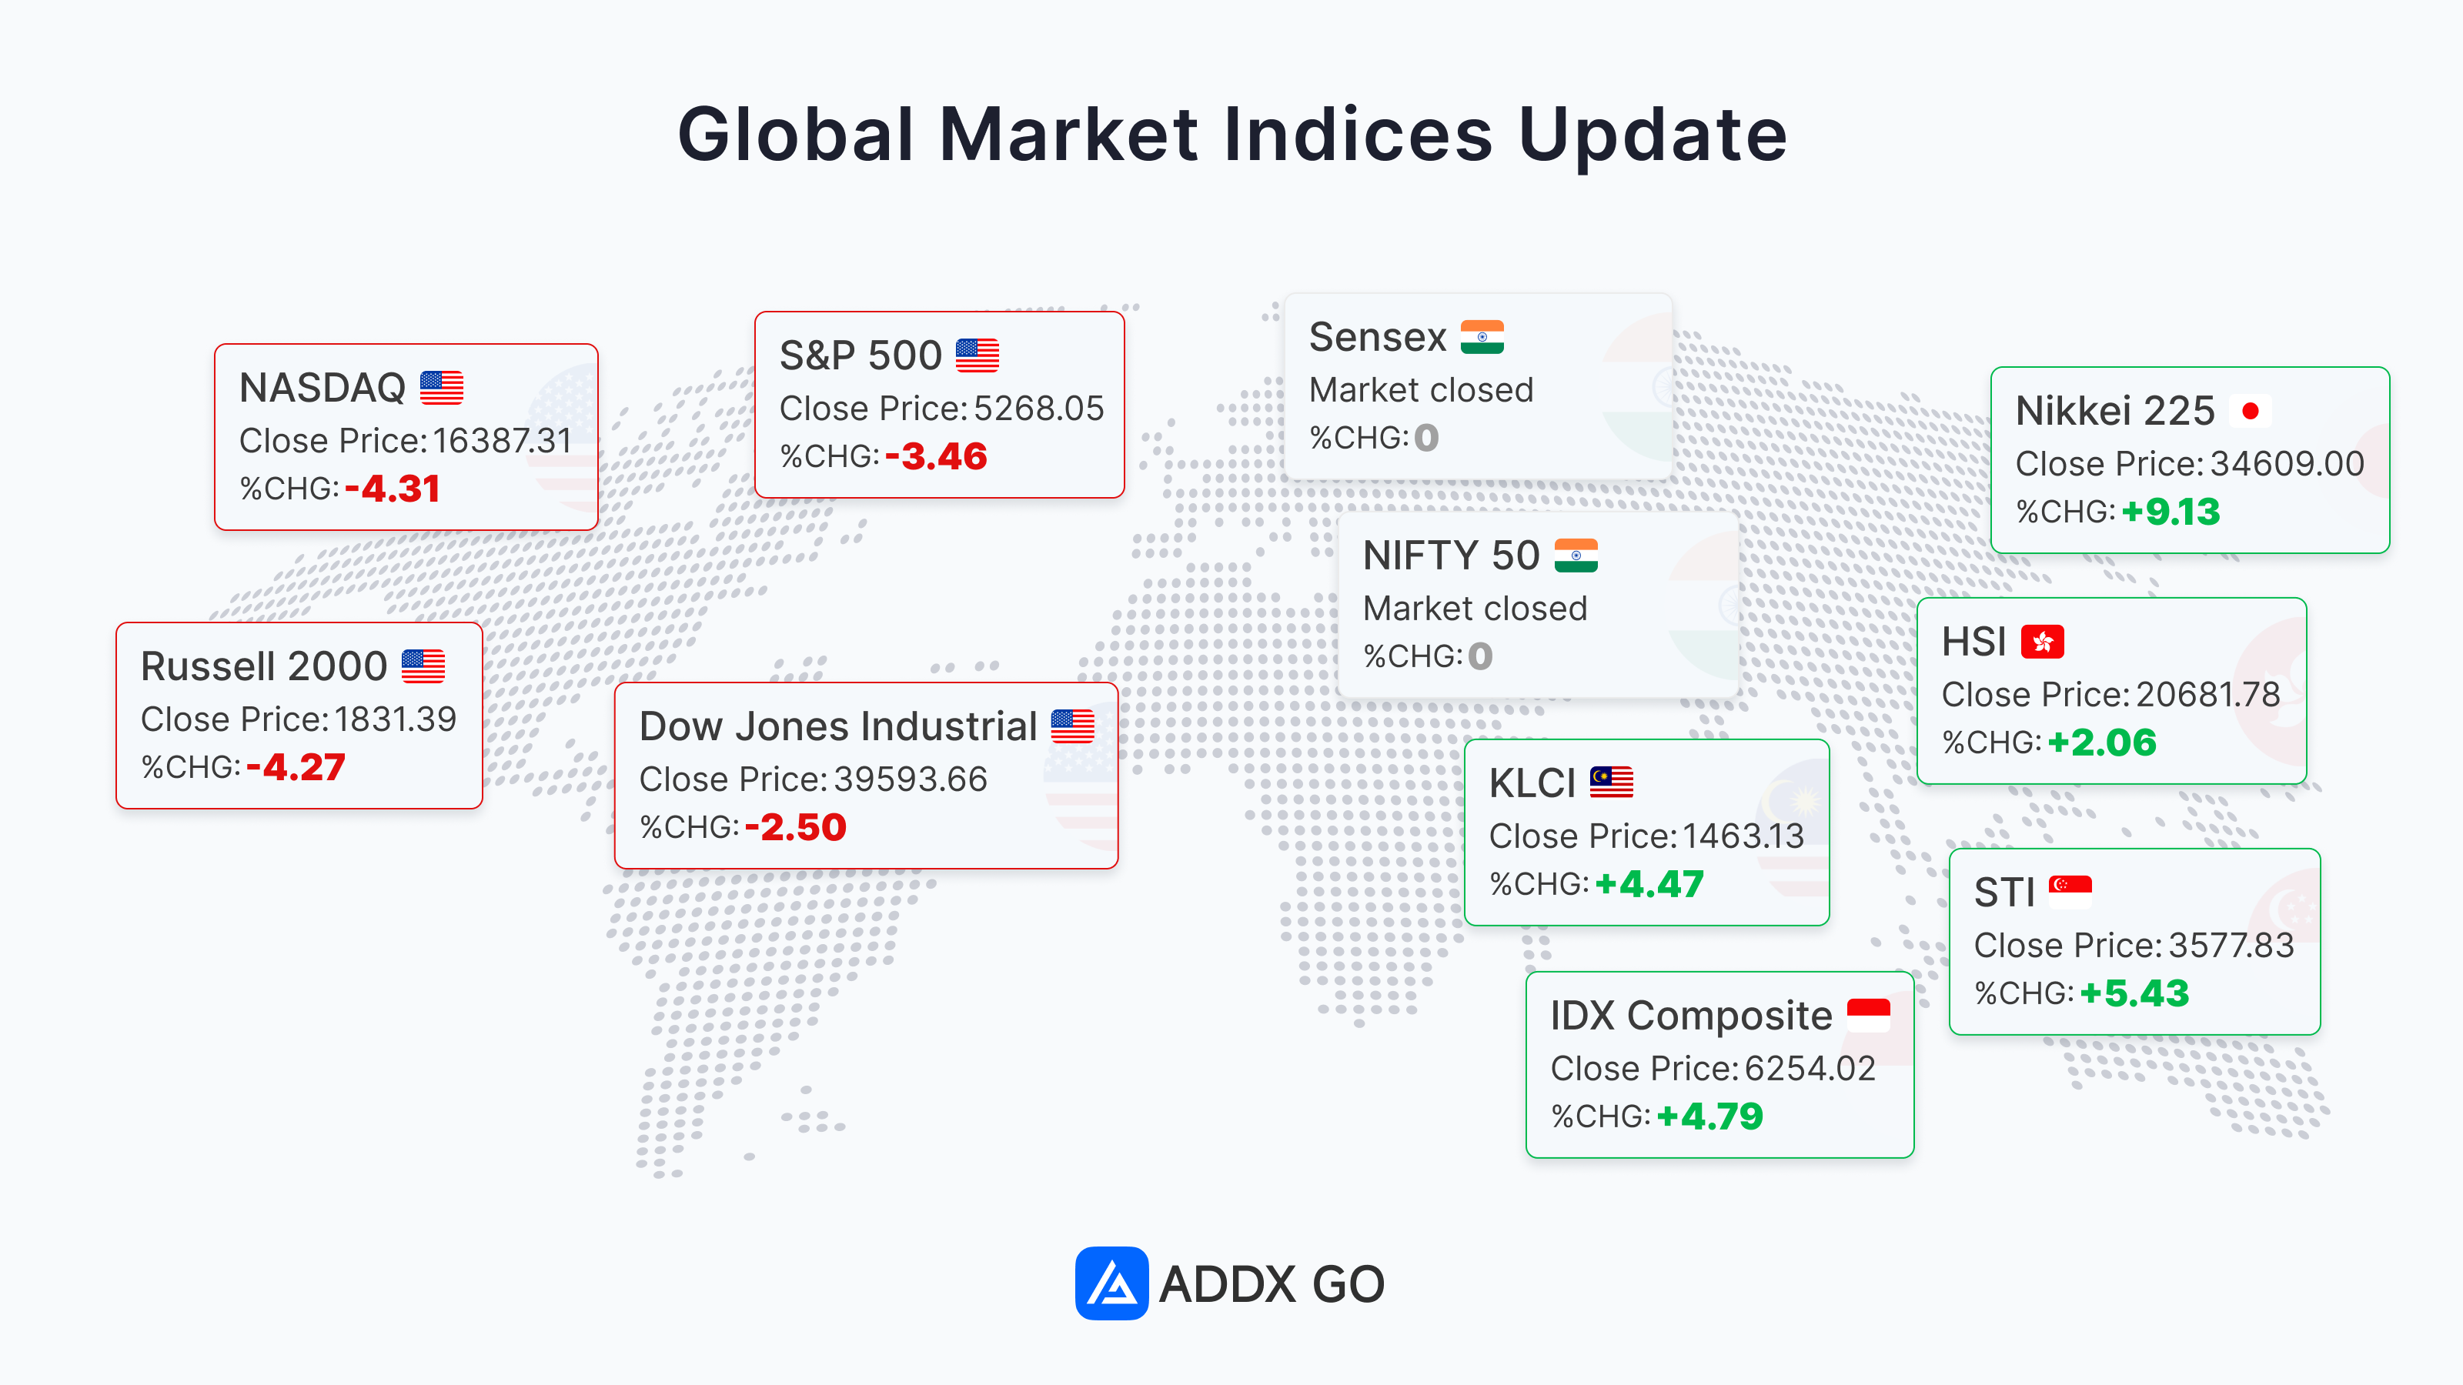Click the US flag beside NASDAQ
442,388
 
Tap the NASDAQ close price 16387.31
502,441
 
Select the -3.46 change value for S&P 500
936,456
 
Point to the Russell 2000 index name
264,666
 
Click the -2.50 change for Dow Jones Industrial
796,827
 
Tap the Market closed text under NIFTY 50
1475,609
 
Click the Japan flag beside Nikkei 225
2250,411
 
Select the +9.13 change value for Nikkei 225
2171,512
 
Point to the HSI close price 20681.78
2207,695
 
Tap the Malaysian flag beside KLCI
1611,783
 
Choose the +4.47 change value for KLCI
1649,884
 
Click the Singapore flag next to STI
2070,892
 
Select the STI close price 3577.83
2231,946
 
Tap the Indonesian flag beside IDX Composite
1868,1015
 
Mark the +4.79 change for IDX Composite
1709,1116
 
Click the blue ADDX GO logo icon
1111,1283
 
